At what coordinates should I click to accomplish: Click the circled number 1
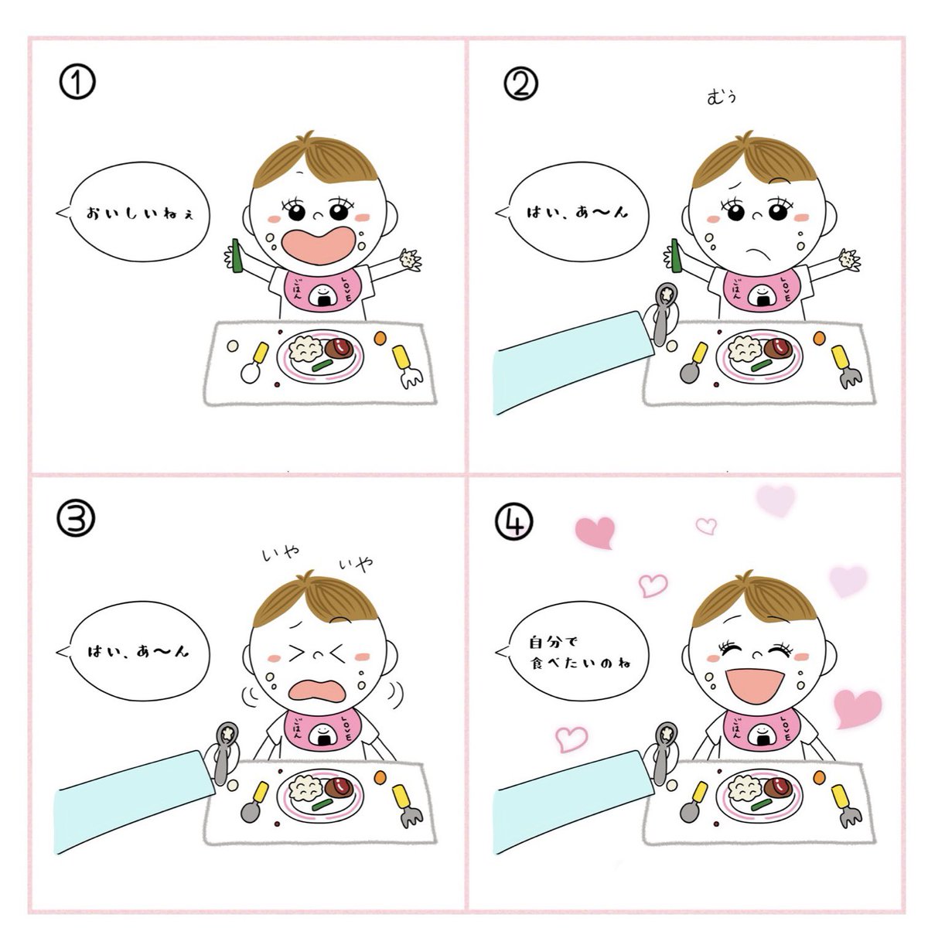[x=77, y=82]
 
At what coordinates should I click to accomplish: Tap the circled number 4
[x=514, y=522]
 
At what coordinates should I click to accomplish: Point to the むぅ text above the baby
[x=722, y=97]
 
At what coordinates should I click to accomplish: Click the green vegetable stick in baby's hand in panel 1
[x=237, y=256]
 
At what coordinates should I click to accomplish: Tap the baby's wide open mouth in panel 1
[x=319, y=244]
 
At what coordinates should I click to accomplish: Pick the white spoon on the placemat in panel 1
[x=254, y=362]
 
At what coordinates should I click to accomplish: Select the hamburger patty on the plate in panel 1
[x=339, y=347]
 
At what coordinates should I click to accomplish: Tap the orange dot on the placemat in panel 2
[x=819, y=339]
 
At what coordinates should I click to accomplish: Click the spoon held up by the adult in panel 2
[x=664, y=312]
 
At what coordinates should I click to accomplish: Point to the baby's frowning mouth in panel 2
[x=757, y=253]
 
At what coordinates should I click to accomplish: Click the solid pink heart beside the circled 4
[x=595, y=531]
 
